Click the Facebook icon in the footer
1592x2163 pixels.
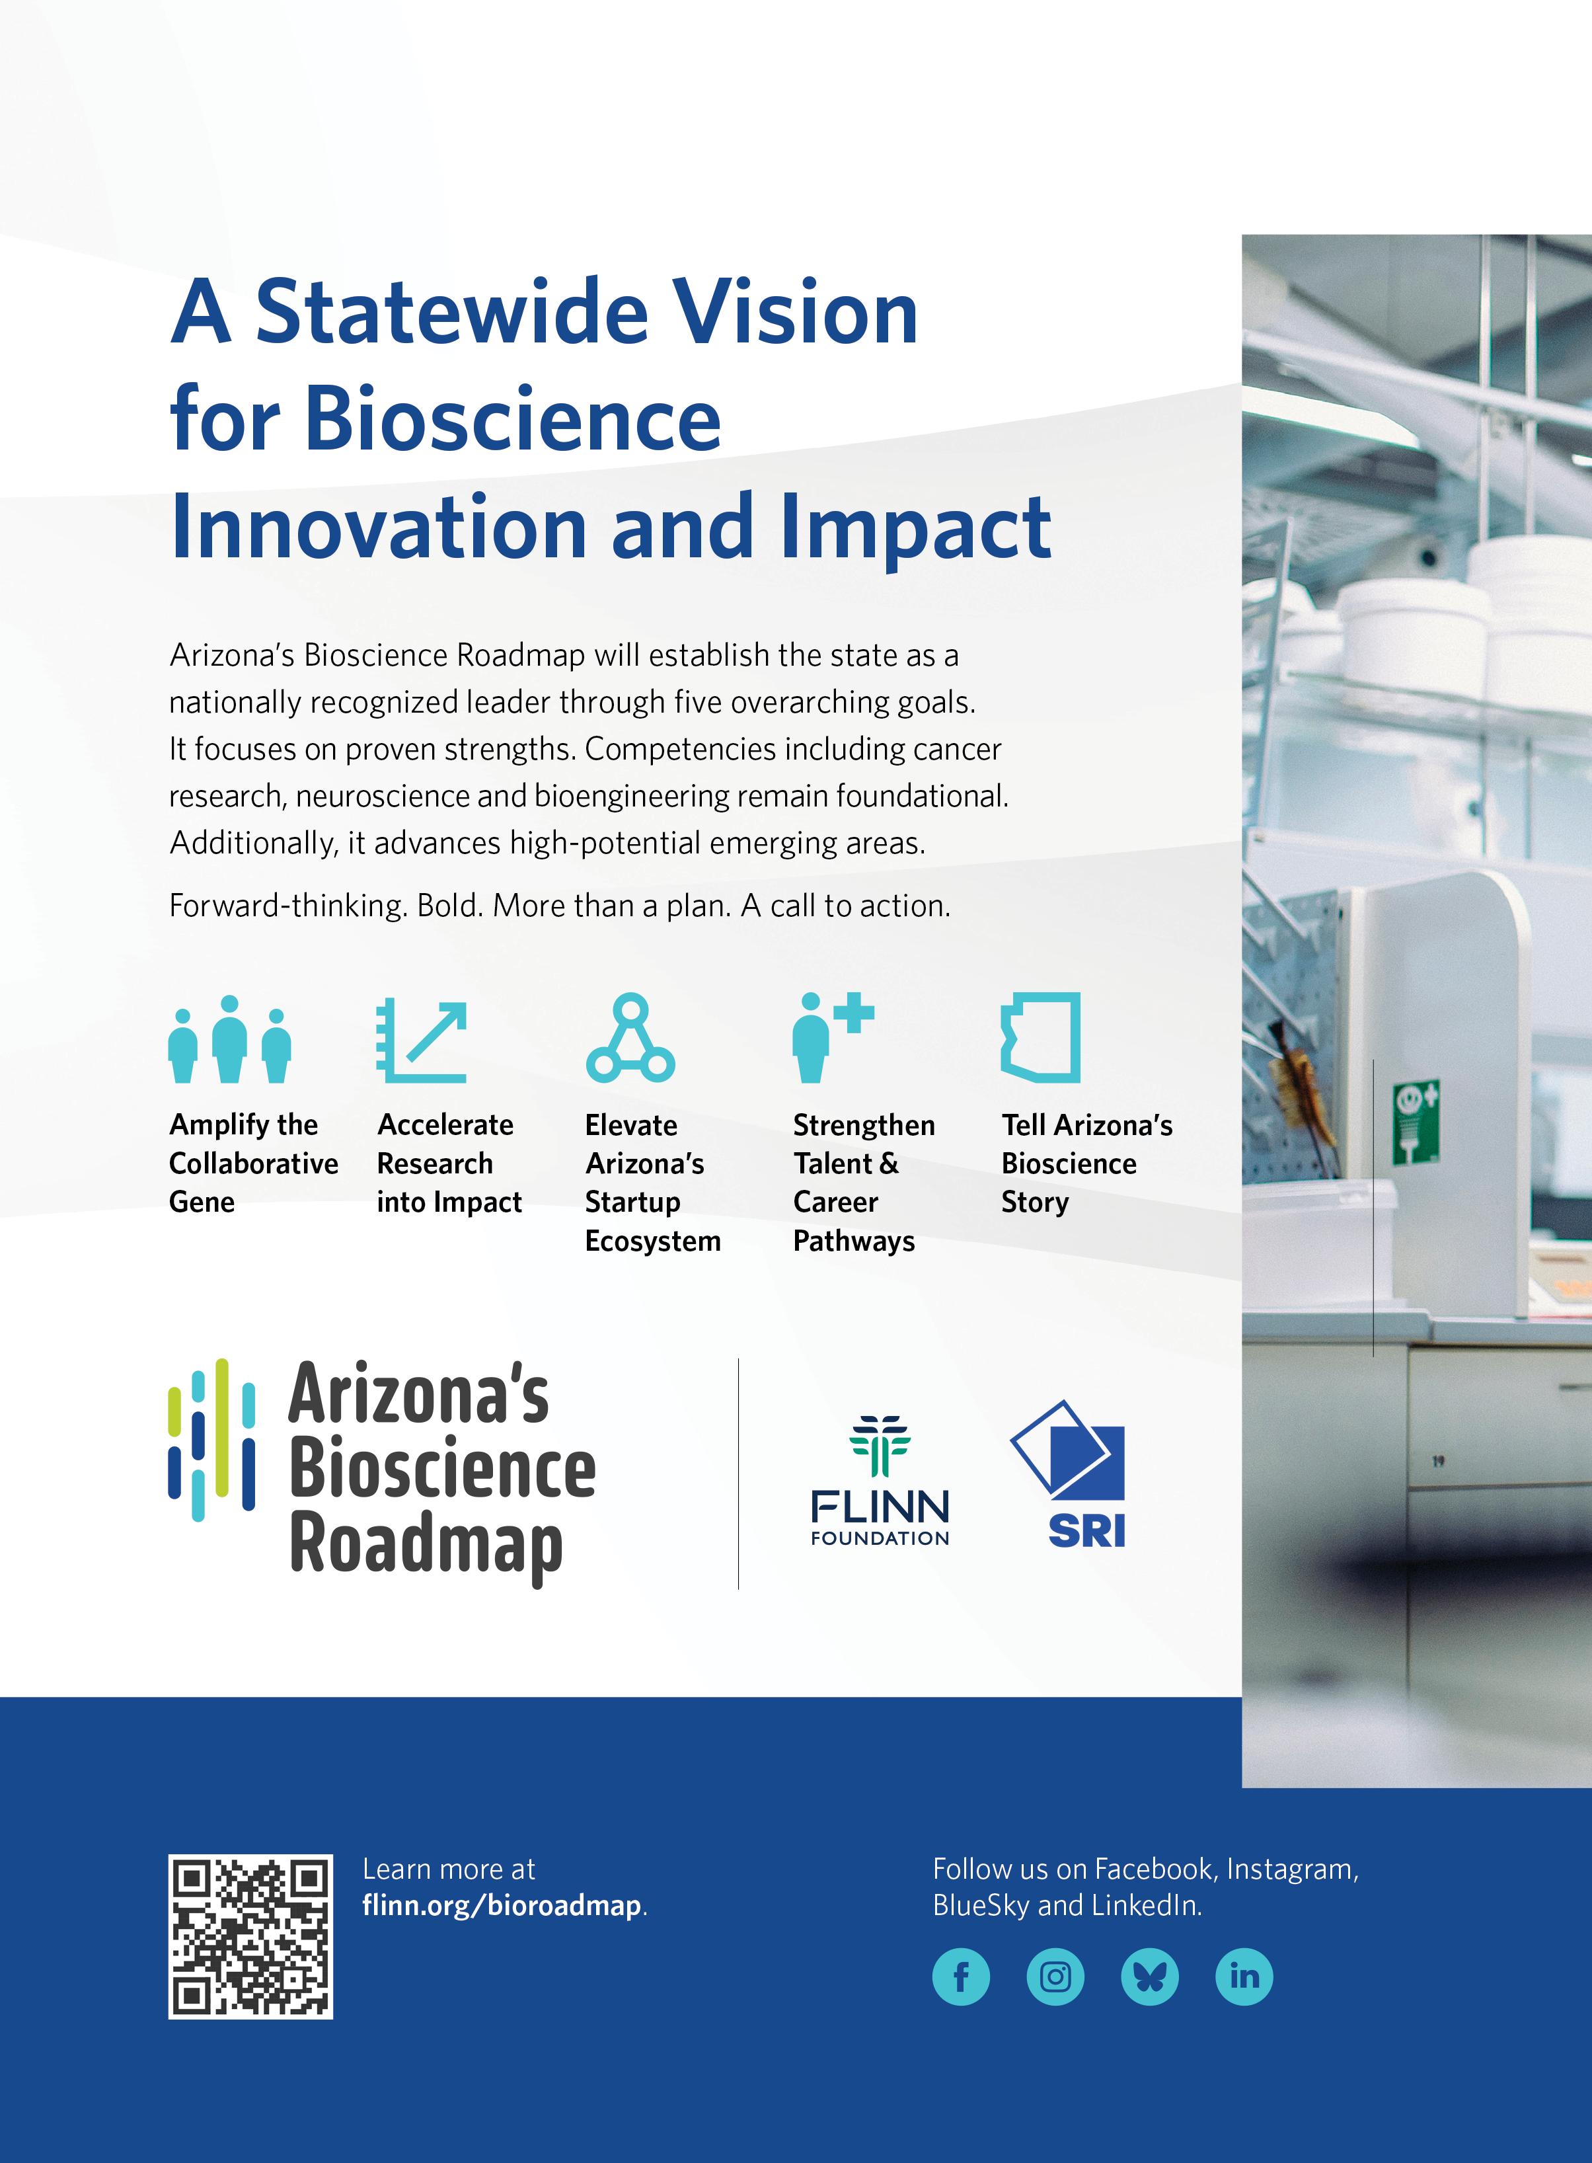[961, 1977]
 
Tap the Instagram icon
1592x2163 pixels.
[1055, 1977]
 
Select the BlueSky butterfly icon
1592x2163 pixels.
[1150, 1977]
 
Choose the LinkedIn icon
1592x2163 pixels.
[1244, 1977]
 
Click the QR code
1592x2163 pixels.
[250, 1936]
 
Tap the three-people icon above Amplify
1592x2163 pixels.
[229, 1039]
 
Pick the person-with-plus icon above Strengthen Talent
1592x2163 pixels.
[833, 1038]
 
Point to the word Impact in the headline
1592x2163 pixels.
[915, 528]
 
